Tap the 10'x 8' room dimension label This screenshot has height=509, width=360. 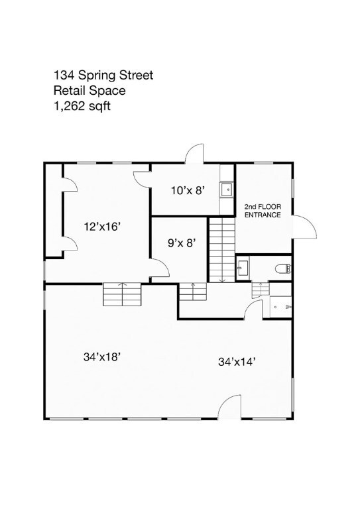[x=187, y=191]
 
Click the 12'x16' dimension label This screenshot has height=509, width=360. [x=101, y=226]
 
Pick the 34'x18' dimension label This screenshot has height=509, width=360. [x=101, y=357]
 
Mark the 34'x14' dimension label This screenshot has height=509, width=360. [x=237, y=362]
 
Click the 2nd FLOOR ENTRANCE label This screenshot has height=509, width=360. [x=263, y=211]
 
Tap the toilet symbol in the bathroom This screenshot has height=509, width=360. [x=283, y=268]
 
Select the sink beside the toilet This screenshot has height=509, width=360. [x=243, y=267]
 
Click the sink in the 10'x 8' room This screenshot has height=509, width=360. [x=227, y=189]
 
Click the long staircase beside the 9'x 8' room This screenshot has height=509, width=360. [x=223, y=250]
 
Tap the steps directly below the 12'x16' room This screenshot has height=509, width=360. [x=122, y=294]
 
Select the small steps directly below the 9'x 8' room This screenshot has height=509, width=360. [x=192, y=290]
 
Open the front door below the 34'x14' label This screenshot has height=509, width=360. [x=229, y=407]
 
